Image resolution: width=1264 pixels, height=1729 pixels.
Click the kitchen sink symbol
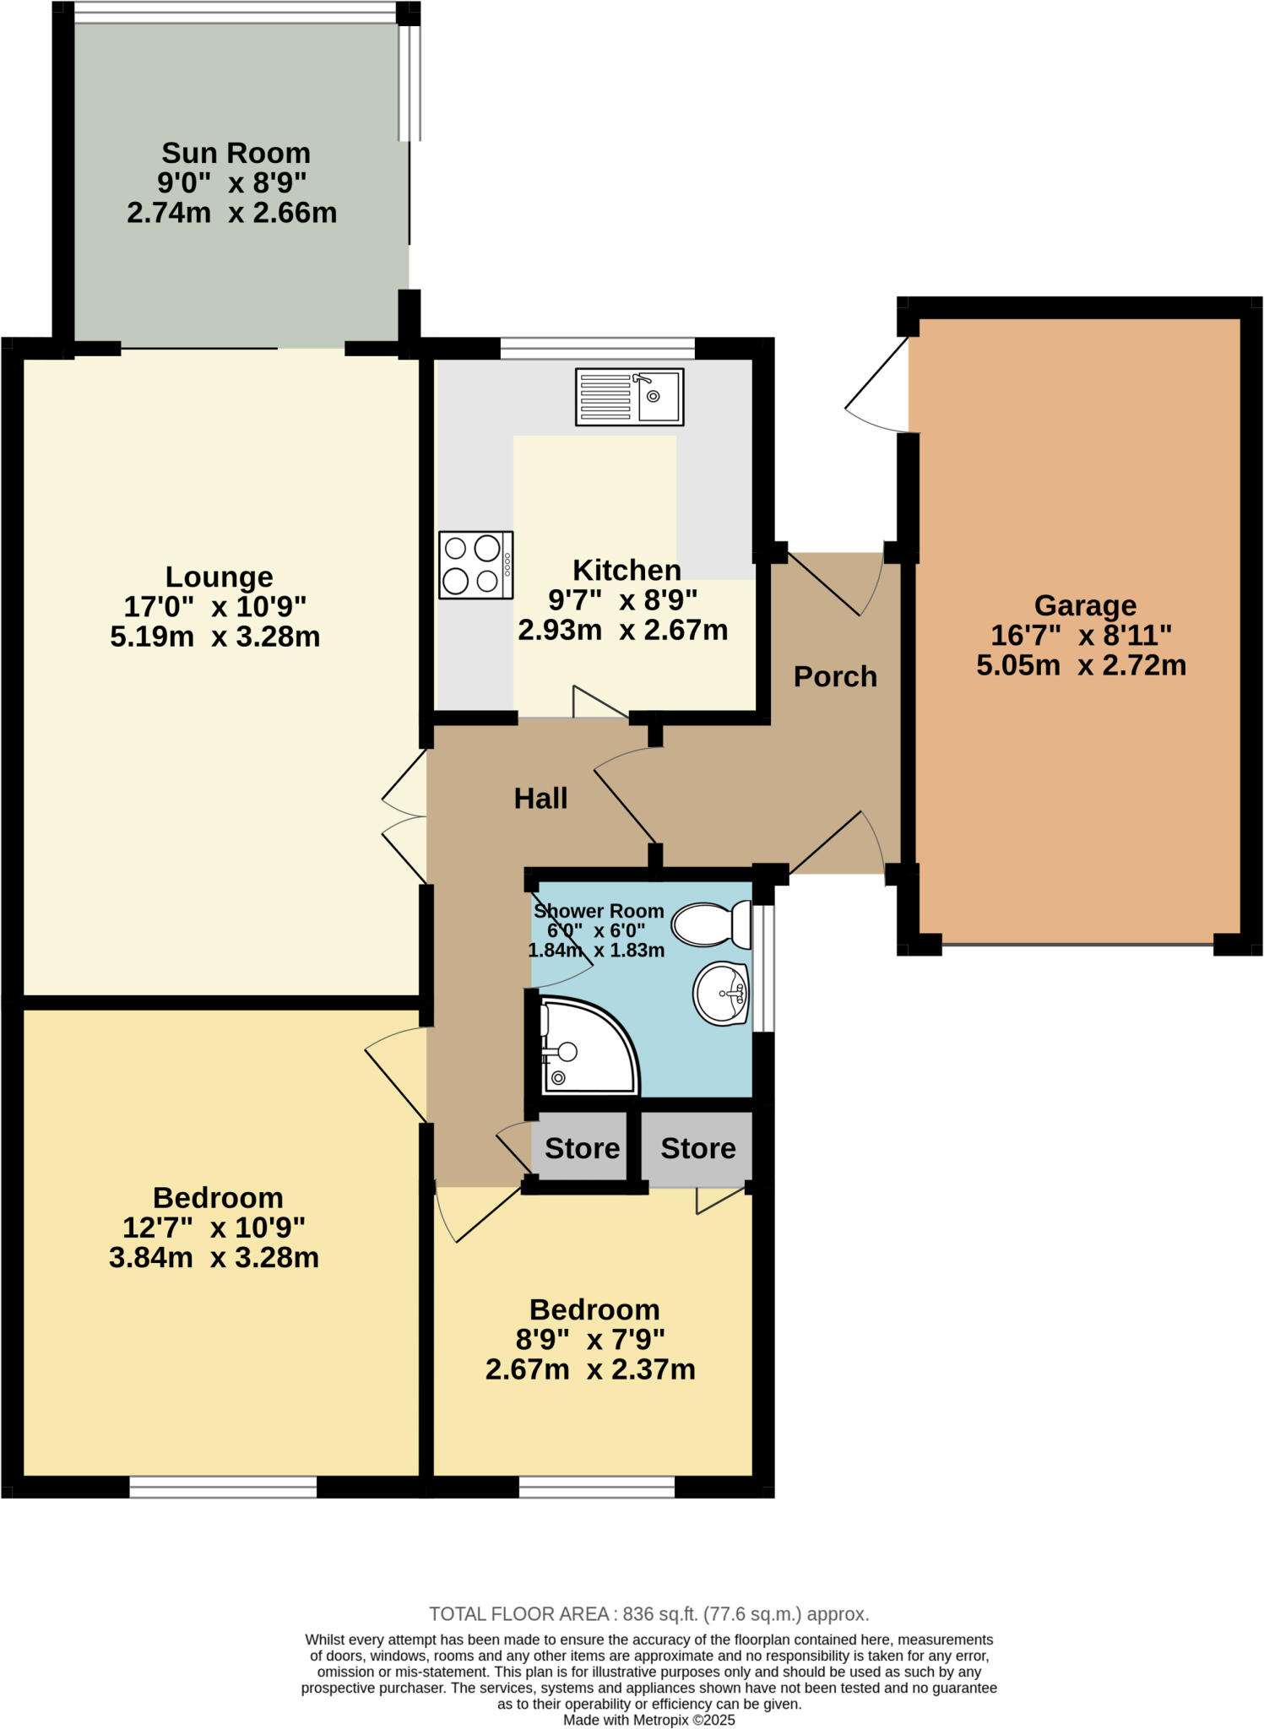click(x=629, y=396)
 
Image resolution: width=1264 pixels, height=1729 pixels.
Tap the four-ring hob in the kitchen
click(x=475, y=565)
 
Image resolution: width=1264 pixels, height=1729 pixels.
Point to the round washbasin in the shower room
click(x=722, y=994)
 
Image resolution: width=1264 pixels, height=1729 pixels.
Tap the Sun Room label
click(x=236, y=153)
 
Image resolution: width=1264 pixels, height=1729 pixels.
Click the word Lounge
click(x=219, y=577)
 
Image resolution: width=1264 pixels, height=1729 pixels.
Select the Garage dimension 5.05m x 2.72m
click(x=1081, y=665)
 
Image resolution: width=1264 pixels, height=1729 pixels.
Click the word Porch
click(x=835, y=676)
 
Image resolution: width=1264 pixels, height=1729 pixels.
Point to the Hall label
click(x=540, y=798)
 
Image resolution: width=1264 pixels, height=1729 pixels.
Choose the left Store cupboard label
click(x=582, y=1148)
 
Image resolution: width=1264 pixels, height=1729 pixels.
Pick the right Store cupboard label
click(x=697, y=1148)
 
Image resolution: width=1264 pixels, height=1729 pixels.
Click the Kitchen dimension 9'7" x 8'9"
click(x=622, y=600)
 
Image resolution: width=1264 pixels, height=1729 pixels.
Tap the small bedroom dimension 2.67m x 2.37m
click(x=589, y=1369)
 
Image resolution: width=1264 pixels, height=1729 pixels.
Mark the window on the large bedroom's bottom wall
click(x=223, y=1487)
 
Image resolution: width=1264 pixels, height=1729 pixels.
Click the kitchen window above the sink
click(x=597, y=348)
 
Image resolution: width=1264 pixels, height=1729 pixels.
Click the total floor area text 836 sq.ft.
click(x=648, y=1613)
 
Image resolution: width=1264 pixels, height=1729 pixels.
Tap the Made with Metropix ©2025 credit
click(x=648, y=1720)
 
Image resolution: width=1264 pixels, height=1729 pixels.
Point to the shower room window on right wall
click(x=762, y=968)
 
